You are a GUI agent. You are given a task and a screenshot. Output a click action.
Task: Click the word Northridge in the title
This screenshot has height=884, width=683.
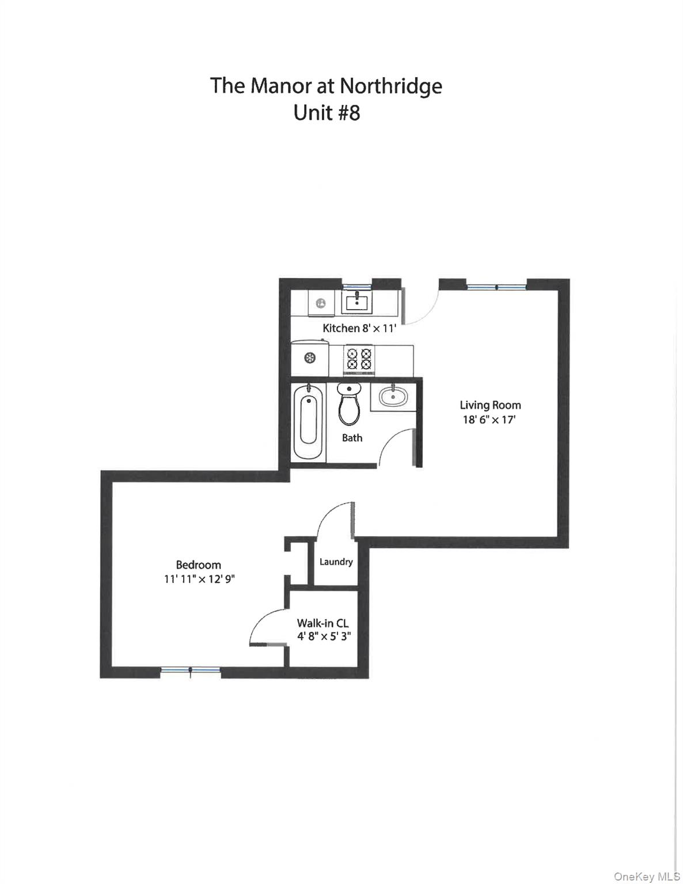pyautogui.click(x=390, y=86)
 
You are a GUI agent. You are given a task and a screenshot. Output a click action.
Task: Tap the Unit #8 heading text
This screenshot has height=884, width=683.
pyautogui.click(x=327, y=113)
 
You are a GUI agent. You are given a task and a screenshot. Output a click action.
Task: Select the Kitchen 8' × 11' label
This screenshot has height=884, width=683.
pyautogui.click(x=359, y=329)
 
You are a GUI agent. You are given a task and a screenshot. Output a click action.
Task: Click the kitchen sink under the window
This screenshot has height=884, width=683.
pyautogui.click(x=357, y=302)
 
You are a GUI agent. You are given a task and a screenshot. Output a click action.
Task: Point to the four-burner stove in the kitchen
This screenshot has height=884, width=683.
pyautogui.click(x=358, y=359)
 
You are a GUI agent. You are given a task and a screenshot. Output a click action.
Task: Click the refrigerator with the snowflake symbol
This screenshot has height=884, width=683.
pyautogui.click(x=309, y=358)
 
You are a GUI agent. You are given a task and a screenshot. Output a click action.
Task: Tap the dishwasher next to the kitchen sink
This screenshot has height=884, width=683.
pyautogui.click(x=321, y=303)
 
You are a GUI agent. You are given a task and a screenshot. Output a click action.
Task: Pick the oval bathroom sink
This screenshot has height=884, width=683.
pyautogui.click(x=393, y=396)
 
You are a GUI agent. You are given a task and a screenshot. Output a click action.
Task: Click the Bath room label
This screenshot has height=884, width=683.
pyautogui.click(x=352, y=438)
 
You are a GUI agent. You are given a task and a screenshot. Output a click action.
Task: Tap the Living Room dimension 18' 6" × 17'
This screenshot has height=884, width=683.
pyautogui.click(x=489, y=420)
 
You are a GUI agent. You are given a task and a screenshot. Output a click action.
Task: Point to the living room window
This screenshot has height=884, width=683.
pyautogui.click(x=496, y=286)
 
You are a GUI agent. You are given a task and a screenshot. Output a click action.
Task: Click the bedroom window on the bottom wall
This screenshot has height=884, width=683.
pyautogui.click(x=190, y=670)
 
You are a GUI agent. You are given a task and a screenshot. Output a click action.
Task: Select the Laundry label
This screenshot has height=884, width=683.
pyautogui.click(x=336, y=562)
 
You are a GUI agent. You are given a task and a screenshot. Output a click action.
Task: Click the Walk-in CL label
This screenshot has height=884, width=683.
pyautogui.click(x=322, y=623)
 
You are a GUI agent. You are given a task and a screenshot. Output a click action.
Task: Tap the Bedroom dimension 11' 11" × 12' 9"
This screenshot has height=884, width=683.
pyautogui.click(x=199, y=580)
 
